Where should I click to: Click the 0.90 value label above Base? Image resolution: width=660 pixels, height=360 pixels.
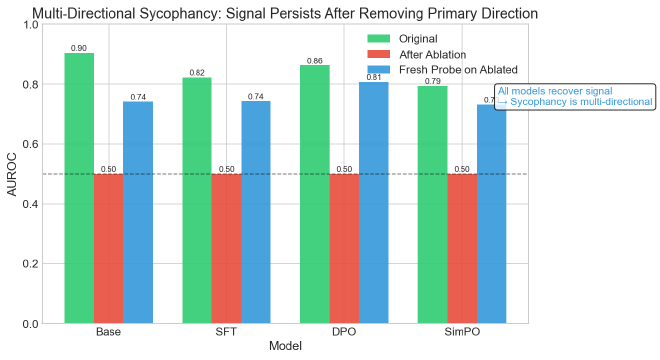[79, 48]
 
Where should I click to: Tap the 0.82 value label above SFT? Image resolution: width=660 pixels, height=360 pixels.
[197, 72]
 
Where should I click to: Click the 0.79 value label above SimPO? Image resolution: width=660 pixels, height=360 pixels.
[432, 81]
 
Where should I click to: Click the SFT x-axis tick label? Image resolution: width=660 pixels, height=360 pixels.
[226, 331]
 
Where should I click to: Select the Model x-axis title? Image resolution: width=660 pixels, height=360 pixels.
[285, 346]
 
